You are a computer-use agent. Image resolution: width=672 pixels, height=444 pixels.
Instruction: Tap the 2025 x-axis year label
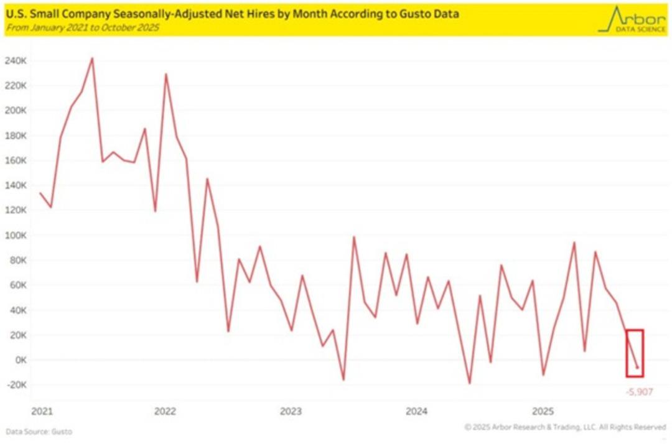[543, 411]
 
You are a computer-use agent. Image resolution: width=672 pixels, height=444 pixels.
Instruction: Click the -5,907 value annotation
[639, 392]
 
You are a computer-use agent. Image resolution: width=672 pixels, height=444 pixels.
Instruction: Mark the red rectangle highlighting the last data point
[634, 353]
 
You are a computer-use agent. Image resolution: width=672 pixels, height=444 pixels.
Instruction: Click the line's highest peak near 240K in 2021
[92, 58]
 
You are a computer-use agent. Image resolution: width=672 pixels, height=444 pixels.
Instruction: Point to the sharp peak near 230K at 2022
[166, 74]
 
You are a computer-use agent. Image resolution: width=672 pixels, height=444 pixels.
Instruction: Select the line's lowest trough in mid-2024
[470, 383]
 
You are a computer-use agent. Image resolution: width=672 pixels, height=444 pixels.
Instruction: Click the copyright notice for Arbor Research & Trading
[565, 427]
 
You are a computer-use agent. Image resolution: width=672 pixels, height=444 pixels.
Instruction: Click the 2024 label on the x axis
[416, 411]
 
